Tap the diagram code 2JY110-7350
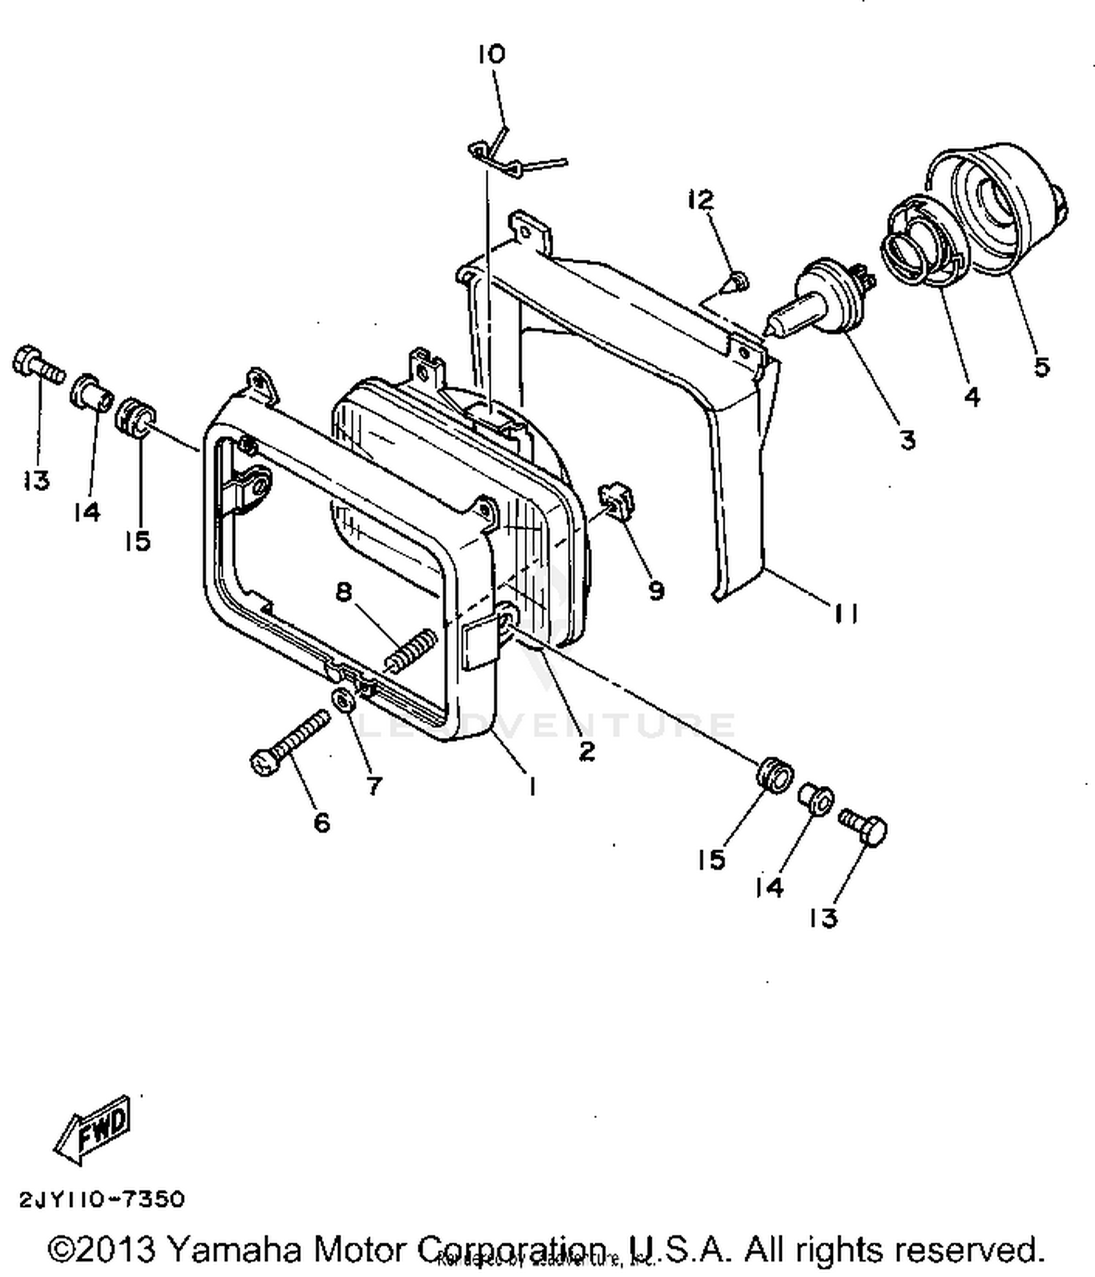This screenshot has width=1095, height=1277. pyautogui.click(x=101, y=1199)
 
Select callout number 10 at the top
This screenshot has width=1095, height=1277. pyautogui.click(x=491, y=54)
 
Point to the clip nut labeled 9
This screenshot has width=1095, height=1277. pyautogui.click(x=618, y=503)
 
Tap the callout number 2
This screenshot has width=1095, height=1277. pyautogui.click(x=586, y=751)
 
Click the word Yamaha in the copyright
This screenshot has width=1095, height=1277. pyautogui.click(x=234, y=1249)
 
